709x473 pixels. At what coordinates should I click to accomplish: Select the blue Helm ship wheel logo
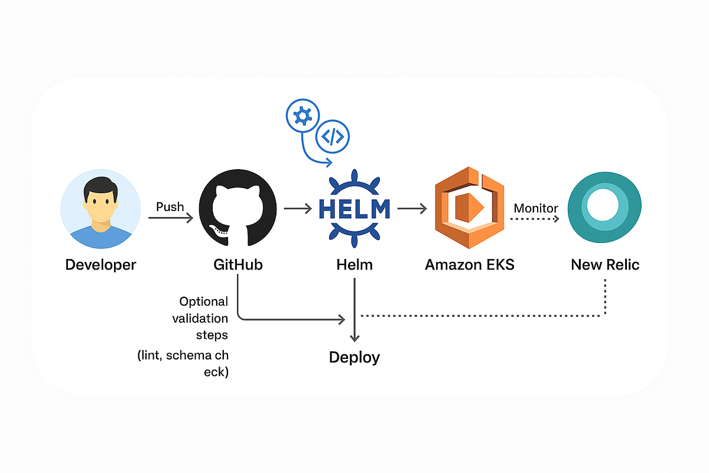(354, 209)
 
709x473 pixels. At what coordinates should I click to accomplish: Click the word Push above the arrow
(170, 207)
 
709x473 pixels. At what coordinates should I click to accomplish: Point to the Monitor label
(536, 208)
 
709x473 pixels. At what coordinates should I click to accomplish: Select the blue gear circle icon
(303, 117)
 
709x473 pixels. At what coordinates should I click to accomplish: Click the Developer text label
(100, 264)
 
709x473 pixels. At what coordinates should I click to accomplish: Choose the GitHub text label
(238, 264)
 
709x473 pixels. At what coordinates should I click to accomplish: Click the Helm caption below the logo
(354, 264)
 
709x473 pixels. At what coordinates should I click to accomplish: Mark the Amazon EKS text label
(470, 264)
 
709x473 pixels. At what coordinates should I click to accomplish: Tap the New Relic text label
(605, 264)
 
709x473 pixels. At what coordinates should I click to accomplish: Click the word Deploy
(354, 357)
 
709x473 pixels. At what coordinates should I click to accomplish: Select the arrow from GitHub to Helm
(298, 208)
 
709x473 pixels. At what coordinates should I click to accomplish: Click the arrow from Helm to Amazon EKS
(412, 208)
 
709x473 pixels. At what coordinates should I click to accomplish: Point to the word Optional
(203, 302)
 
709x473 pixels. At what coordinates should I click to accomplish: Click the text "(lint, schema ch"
(183, 356)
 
